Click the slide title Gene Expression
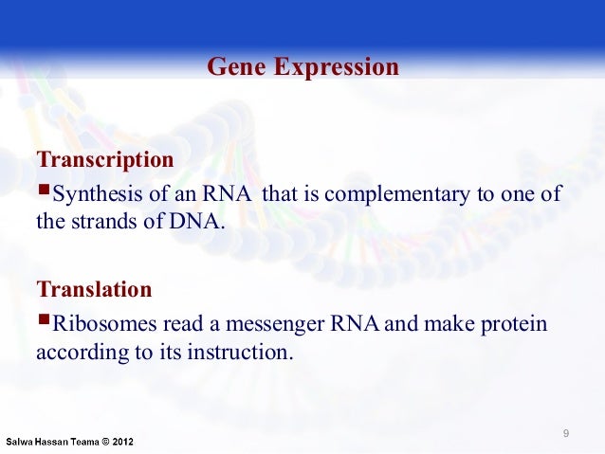click(x=302, y=68)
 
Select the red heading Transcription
click(x=104, y=159)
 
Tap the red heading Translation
click(x=93, y=288)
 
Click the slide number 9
click(x=566, y=434)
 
